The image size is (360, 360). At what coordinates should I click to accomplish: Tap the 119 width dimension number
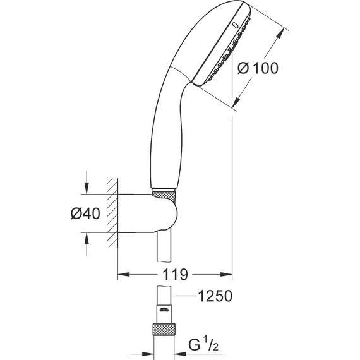[176, 275]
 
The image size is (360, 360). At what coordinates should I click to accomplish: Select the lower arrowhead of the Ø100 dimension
[237, 103]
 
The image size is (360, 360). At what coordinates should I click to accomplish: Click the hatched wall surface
[112, 212]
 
